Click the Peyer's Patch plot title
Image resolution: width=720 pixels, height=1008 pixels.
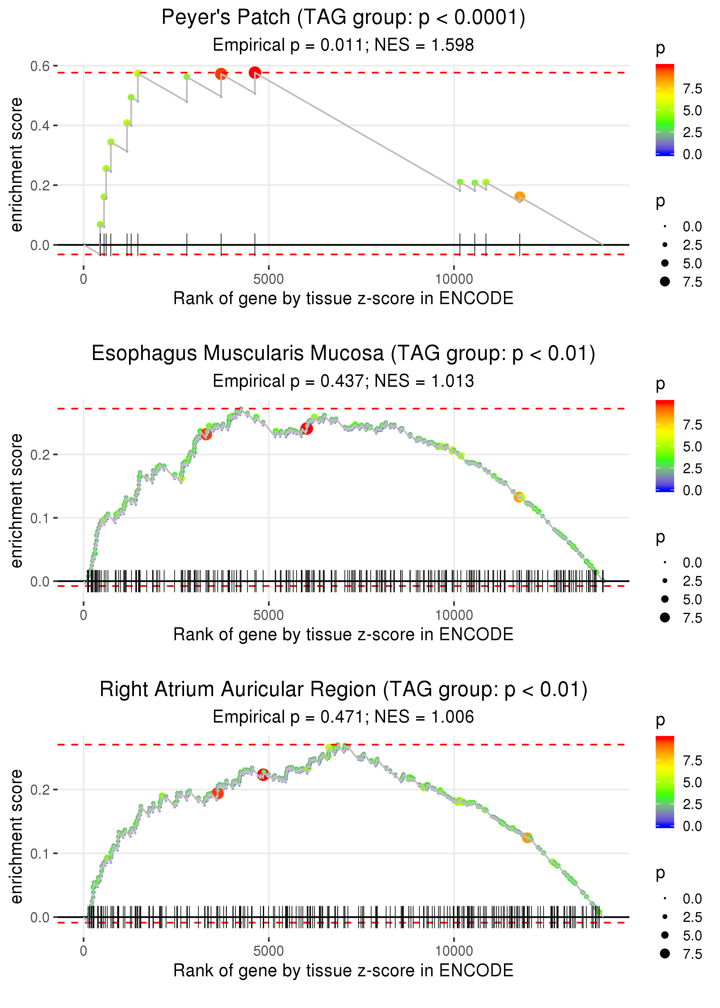[343, 18]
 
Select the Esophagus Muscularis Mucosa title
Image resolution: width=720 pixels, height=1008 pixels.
[343, 354]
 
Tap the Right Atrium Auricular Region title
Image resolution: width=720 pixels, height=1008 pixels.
[343, 690]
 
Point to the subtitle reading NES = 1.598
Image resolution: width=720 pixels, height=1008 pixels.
[424, 45]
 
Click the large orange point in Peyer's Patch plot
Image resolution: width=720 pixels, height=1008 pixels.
[520, 197]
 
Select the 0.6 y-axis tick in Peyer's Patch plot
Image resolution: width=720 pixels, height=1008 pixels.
[40, 67]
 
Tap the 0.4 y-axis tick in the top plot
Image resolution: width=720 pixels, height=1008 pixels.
[40, 126]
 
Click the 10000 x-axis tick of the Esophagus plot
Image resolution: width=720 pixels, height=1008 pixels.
[454, 615]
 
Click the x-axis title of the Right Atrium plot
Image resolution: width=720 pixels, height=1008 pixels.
[343, 971]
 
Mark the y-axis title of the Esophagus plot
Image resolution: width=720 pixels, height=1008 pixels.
[16, 501]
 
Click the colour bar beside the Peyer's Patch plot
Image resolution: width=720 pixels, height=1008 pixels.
[665, 110]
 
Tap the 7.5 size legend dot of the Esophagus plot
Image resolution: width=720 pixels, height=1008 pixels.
[665, 617]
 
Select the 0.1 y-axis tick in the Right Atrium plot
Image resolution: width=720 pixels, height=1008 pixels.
[40, 854]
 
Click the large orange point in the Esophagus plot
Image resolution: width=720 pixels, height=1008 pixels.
[519, 497]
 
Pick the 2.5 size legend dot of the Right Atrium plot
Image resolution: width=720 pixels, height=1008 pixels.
[665, 917]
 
